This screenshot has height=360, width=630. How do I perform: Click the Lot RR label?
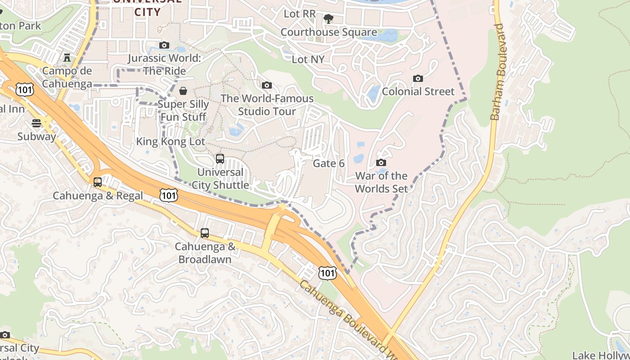[300, 14]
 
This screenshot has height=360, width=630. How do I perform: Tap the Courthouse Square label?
[328, 32]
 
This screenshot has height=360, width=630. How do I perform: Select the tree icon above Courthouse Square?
[328, 19]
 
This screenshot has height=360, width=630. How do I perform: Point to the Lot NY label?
[308, 59]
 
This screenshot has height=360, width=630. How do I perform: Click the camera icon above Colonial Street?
[418, 79]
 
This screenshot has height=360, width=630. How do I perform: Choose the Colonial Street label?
[418, 92]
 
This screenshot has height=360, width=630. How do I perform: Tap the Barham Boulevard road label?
[497, 72]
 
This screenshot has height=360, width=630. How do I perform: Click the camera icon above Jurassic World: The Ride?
[164, 45]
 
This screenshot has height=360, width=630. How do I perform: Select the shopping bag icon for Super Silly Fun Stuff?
[183, 91]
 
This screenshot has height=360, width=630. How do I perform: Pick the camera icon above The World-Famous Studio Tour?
[267, 85]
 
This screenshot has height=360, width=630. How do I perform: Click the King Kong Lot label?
[171, 142]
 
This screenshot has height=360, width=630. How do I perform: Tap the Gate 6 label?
[328, 163]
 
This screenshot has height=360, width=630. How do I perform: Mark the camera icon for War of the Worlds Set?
[381, 163]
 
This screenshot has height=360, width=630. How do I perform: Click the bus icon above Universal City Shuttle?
[220, 159]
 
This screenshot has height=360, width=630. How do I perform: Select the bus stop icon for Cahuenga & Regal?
[98, 182]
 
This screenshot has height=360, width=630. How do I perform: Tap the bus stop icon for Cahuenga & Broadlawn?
[205, 233]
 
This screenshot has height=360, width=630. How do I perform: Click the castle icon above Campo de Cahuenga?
[67, 58]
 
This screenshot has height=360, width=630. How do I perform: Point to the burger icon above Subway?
[36, 123]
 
